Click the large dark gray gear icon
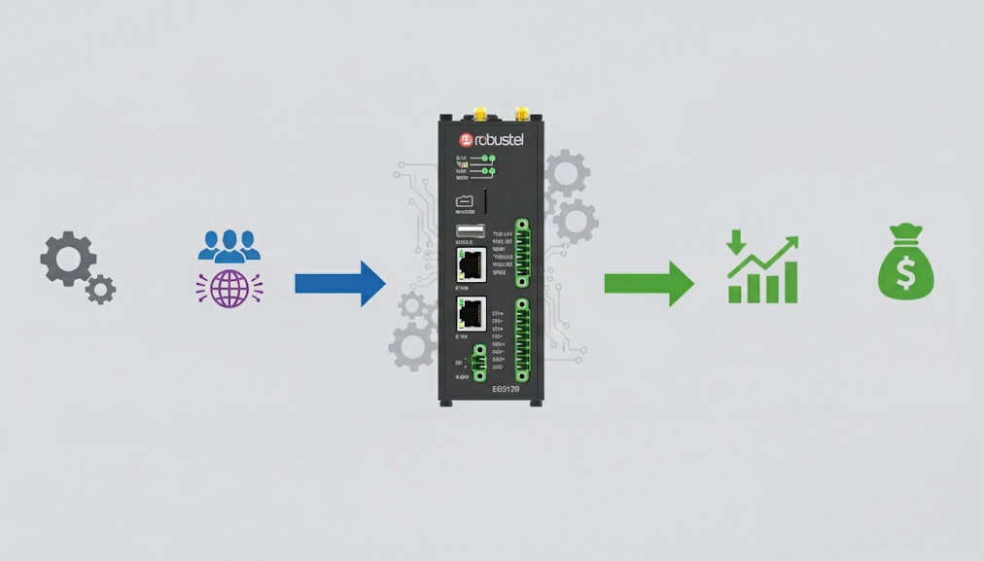click(x=67, y=259)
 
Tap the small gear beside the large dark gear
click(x=100, y=289)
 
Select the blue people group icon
click(x=229, y=246)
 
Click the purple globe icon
click(x=229, y=289)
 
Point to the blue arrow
click(x=340, y=283)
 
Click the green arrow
click(x=649, y=283)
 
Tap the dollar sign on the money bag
click(x=905, y=275)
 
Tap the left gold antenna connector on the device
click(x=479, y=114)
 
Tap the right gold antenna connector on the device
click(x=522, y=114)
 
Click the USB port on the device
click(x=470, y=231)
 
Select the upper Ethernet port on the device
click(x=472, y=263)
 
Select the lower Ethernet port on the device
click(x=472, y=313)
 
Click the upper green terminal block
click(x=522, y=253)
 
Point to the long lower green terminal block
click(x=522, y=339)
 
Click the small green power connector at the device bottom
click(x=479, y=362)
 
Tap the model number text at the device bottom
click(x=506, y=389)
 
